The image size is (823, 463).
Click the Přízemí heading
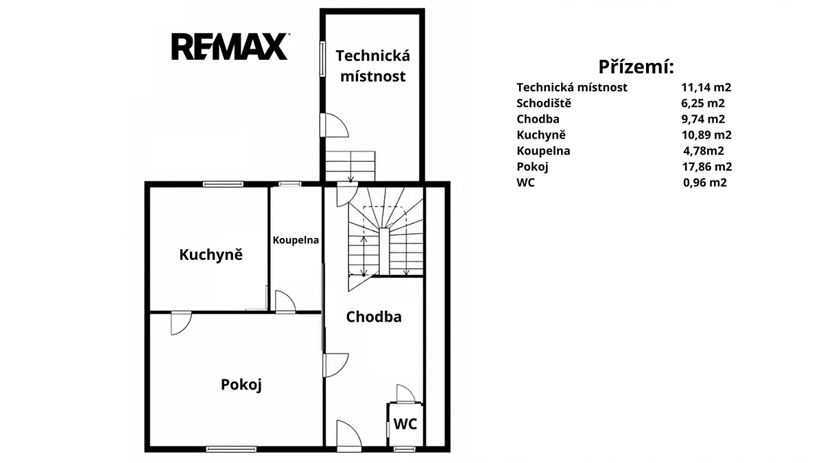[636, 67]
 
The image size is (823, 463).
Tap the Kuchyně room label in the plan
[211, 254]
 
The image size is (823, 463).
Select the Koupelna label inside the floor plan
[296, 240]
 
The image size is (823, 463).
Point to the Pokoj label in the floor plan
[241, 385]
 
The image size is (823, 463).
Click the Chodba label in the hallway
[374, 317]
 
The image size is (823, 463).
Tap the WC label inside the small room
[405, 424]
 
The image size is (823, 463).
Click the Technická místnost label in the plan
[373, 66]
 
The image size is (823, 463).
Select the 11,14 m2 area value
[706, 88]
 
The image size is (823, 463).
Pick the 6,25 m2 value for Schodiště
[703, 104]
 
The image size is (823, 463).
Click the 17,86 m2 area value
[707, 167]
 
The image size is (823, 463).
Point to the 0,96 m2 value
[705, 182]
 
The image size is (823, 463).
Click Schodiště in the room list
[544, 104]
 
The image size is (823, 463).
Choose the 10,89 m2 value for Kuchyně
[706, 135]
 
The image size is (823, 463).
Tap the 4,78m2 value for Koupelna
[704, 151]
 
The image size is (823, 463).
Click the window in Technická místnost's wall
[322, 59]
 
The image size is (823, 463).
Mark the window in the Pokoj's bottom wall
[231, 449]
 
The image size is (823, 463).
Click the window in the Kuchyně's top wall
[223, 184]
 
